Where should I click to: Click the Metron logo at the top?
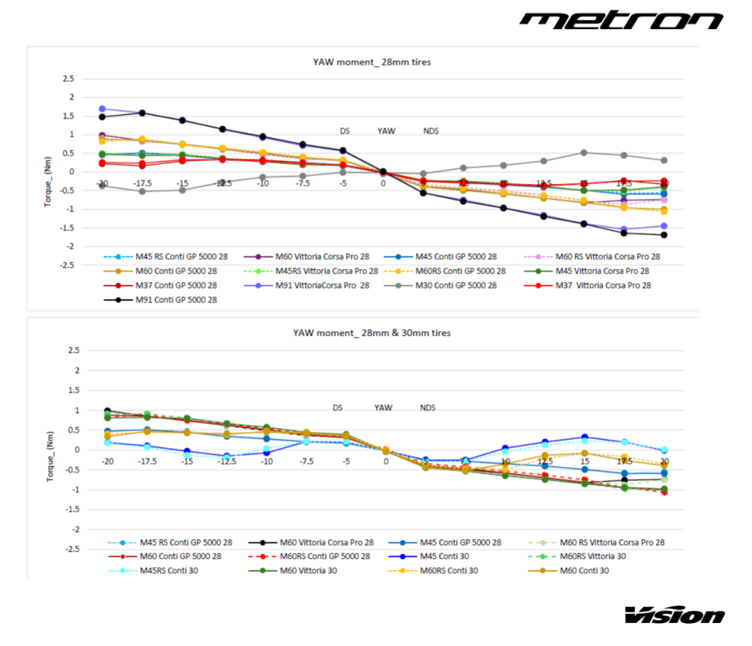tap(621, 20)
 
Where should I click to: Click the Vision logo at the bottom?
tap(674, 615)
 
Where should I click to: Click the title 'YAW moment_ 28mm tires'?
tap(371, 62)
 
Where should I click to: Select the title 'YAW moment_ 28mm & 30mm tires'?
tap(371, 333)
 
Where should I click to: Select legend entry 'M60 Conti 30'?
tap(583, 571)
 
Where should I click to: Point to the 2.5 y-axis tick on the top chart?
tap(68, 79)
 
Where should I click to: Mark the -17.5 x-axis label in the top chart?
tap(142, 183)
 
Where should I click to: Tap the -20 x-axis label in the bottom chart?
tap(107, 461)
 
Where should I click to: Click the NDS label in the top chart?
tap(431, 131)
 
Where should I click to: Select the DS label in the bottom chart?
tap(337, 408)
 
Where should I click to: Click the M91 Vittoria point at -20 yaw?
tap(102, 109)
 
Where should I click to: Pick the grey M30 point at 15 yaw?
tap(583, 153)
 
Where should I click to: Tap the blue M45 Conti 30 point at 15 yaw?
tap(585, 437)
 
